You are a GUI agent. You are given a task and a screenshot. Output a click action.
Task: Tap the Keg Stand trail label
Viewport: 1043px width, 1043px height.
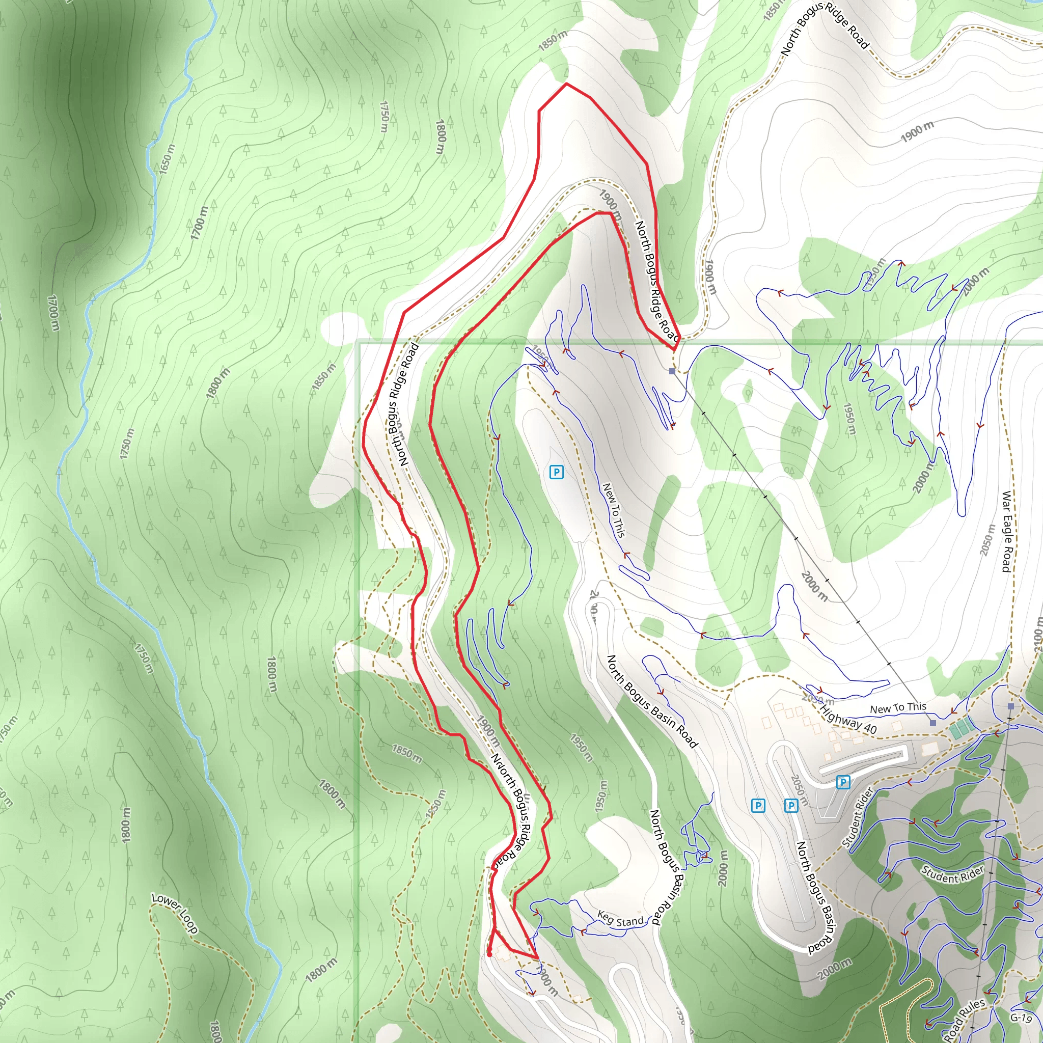click(x=620, y=919)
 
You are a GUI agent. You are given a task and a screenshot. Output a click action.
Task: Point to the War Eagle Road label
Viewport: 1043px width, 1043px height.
click(x=1006, y=531)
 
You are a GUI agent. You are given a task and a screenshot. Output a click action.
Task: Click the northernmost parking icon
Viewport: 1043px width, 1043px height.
click(x=556, y=473)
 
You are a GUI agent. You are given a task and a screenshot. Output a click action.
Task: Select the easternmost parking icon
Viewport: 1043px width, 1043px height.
click(x=843, y=782)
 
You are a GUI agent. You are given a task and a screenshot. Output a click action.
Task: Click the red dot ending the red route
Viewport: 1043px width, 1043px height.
click(x=489, y=954)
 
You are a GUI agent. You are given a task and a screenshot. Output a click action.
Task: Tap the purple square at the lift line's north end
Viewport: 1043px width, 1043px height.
click(x=672, y=371)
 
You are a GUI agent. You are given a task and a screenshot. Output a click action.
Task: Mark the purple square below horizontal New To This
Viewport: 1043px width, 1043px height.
click(x=933, y=723)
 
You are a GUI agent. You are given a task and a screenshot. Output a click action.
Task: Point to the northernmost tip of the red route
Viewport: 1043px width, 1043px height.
click(x=566, y=84)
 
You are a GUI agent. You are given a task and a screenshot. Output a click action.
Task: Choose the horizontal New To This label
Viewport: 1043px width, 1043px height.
click(x=898, y=708)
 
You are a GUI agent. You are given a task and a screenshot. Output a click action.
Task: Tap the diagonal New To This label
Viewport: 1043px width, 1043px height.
click(x=614, y=510)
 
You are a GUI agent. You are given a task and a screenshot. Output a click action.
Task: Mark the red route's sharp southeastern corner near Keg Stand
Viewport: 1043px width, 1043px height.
click(x=538, y=958)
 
